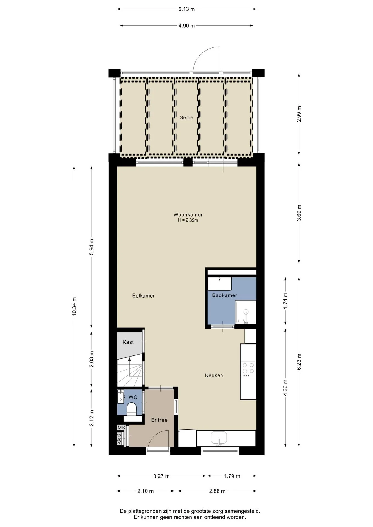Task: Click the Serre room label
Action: (x=186, y=117)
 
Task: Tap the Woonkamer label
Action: (x=188, y=215)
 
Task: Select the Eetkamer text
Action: (x=143, y=296)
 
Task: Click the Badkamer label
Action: (x=224, y=295)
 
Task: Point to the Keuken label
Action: (x=214, y=375)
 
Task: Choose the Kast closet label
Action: (x=128, y=342)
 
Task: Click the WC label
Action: (x=133, y=397)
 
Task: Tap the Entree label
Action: (x=159, y=420)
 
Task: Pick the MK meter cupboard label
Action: (x=121, y=427)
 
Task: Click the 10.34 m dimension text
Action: (x=74, y=306)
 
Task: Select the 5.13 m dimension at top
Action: (x=187, y=9)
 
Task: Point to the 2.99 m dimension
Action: (x=299, y=114)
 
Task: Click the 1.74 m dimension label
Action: (x=285, y=301)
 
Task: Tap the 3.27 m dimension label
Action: (x=161, y=476)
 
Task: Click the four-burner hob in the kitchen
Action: (x=248, y=369)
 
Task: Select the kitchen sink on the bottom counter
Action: (x=219, y=438)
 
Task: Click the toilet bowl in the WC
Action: (x=132, y=409)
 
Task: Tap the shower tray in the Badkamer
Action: (x=246, y=312)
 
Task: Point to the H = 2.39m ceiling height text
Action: (x=188, y=220)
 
